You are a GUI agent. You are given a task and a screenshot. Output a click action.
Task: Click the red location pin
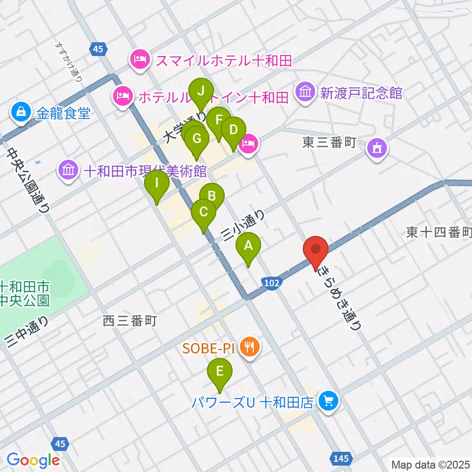316,252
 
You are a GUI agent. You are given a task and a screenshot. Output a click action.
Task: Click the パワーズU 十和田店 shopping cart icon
327,402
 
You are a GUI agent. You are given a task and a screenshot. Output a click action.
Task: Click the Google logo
33,460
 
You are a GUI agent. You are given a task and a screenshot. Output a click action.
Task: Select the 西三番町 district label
130,321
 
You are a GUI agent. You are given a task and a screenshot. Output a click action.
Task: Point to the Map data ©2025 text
431,464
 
